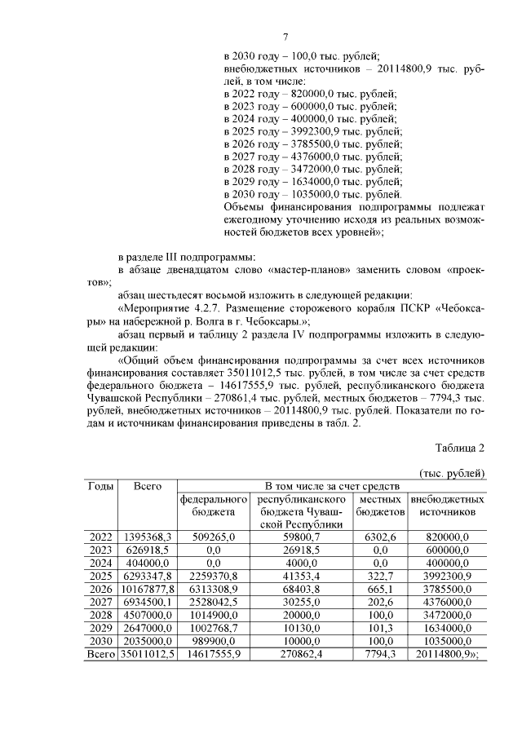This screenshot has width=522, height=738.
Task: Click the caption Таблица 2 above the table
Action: (460, 449)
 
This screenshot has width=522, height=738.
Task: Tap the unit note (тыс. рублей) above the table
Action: (452, 473)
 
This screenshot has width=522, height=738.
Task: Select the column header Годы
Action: (100, 486)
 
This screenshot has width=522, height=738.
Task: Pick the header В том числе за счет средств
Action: (332, 486)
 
